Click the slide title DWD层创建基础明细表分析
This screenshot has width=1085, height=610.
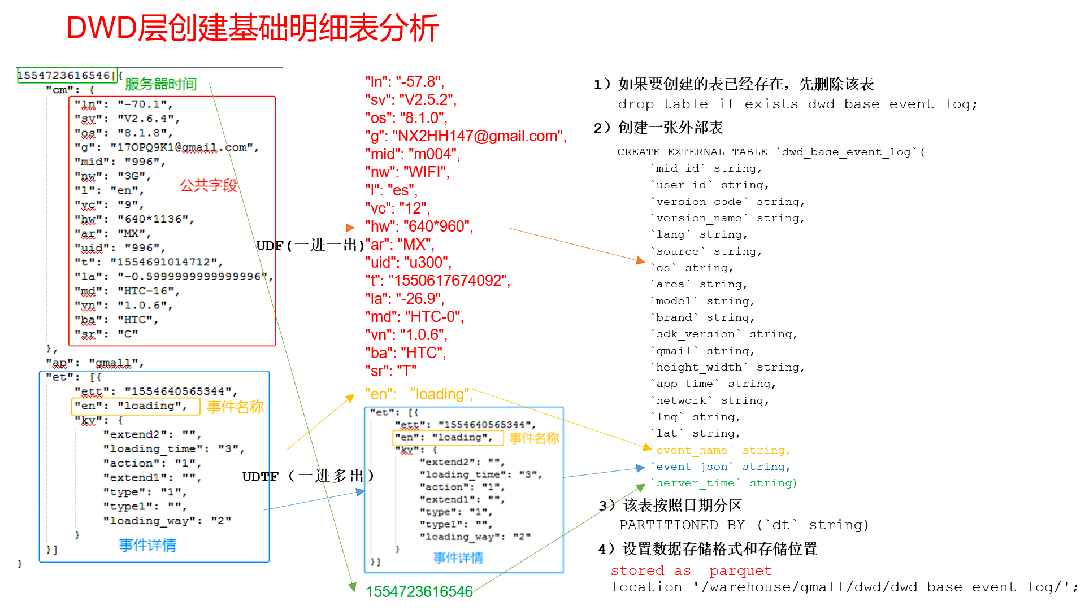(x=252, y=28)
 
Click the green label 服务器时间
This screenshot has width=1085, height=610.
(x=160, y=84)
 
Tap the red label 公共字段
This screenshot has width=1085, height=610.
(x=208, y=185)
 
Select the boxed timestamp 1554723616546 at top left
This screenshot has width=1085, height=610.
(x=67, y=75)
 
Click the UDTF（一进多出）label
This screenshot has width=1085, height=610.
(x=308, y=476)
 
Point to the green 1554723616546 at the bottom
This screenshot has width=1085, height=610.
(x=419, y=591)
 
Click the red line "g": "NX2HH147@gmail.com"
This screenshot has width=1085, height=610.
(x=465, y=136)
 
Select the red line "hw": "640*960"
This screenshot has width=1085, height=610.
(x=419, y=226)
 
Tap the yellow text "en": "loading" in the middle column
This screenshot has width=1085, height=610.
(x=419, y=394)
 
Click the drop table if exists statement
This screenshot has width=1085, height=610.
(x=797, y=104)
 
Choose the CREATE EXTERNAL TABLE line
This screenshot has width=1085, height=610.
(x=771, y=152)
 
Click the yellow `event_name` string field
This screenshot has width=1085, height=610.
(x=722, y=450)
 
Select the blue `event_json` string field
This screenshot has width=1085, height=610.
(x=722, y=467)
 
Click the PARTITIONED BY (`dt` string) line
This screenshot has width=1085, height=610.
(x=744, y=525)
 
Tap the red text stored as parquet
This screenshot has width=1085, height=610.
(x=691, y=570)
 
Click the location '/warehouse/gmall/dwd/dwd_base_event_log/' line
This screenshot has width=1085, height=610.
(x=844, y=587)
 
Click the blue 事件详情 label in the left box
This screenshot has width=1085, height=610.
(x=147, y=545)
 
